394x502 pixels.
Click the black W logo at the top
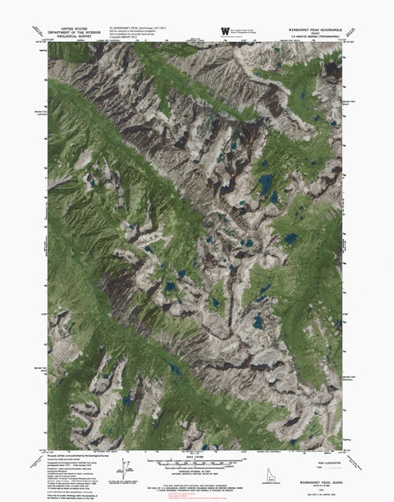[x=224, y=31]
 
